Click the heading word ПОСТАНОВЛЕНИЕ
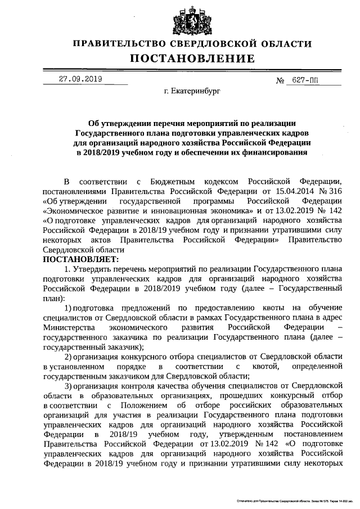pyautogui.click(x=193, y=58)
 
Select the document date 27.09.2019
pyautogui.click(x=80, y=79)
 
